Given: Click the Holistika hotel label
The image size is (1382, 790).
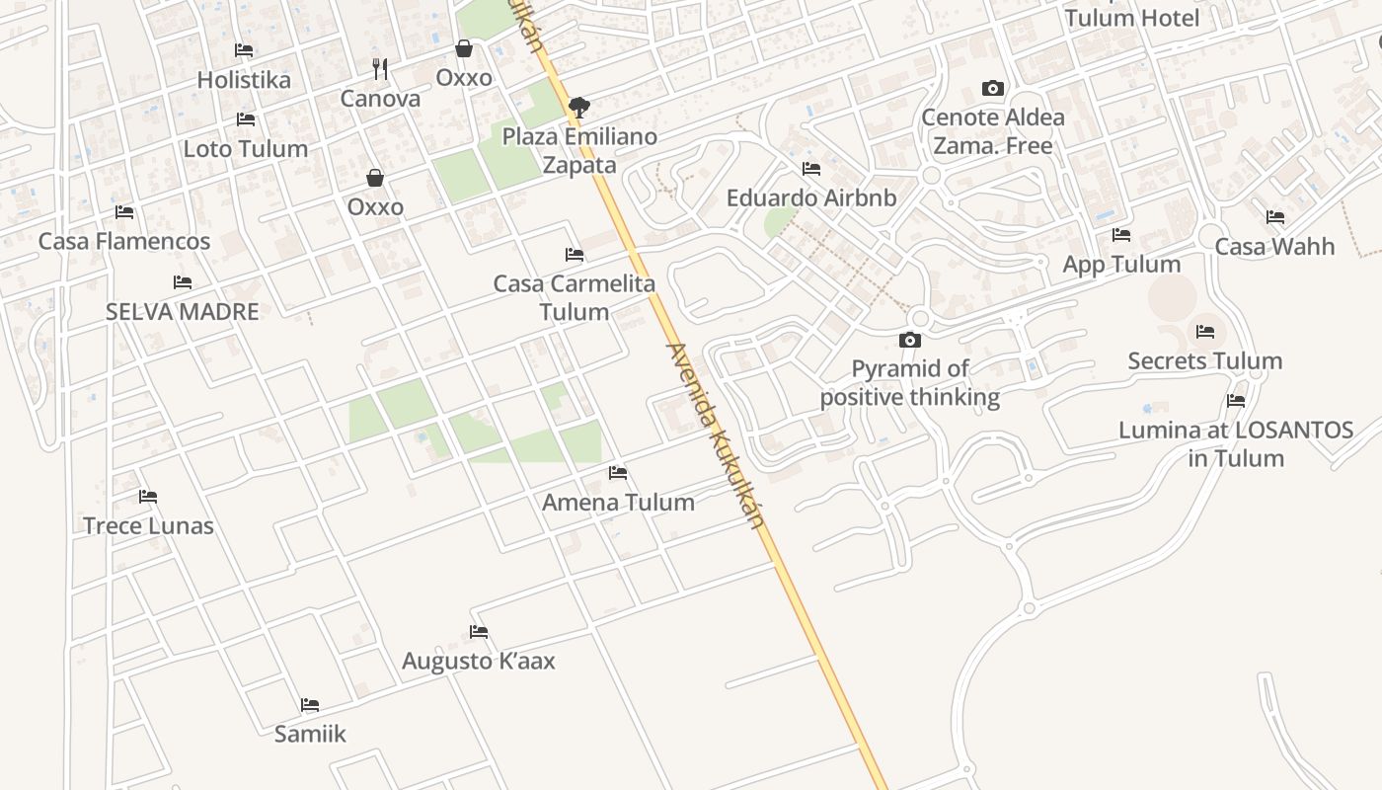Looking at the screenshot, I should click(244, 80).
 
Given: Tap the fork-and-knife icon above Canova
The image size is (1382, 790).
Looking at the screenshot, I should click(380, 68).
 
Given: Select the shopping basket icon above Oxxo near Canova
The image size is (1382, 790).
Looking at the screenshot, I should click(464, 48).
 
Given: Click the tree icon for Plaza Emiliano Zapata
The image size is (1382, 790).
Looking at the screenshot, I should click(579, 107).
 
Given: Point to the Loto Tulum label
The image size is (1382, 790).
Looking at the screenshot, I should click(246, 149).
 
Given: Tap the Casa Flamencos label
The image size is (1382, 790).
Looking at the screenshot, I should click(124, 241).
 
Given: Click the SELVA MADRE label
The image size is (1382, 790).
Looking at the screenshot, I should click(183, 312).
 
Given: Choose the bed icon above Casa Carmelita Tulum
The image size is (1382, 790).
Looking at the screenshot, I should click(575, 255).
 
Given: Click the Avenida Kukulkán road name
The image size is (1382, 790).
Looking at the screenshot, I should click(717, 434).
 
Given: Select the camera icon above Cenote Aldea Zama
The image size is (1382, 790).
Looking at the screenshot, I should click(993, 89).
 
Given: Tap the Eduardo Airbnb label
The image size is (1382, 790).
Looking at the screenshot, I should click(811, 197).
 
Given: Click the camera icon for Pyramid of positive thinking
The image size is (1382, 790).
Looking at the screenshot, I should click(910, 341).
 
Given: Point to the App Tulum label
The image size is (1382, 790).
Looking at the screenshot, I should click(1121, 265).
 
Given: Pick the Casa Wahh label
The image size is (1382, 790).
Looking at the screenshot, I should click(1274, 246).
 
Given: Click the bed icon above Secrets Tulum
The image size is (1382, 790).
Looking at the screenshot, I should click(1205, 332).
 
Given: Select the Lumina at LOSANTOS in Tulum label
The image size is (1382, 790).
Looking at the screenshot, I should click(1236, 444).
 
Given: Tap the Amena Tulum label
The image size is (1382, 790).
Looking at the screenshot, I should click(618, 502).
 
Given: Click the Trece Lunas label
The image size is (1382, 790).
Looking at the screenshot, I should click(148, 525).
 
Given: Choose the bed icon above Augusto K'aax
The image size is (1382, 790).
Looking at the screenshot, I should click(479, 632).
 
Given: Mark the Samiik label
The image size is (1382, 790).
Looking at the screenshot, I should click(310, 734).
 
